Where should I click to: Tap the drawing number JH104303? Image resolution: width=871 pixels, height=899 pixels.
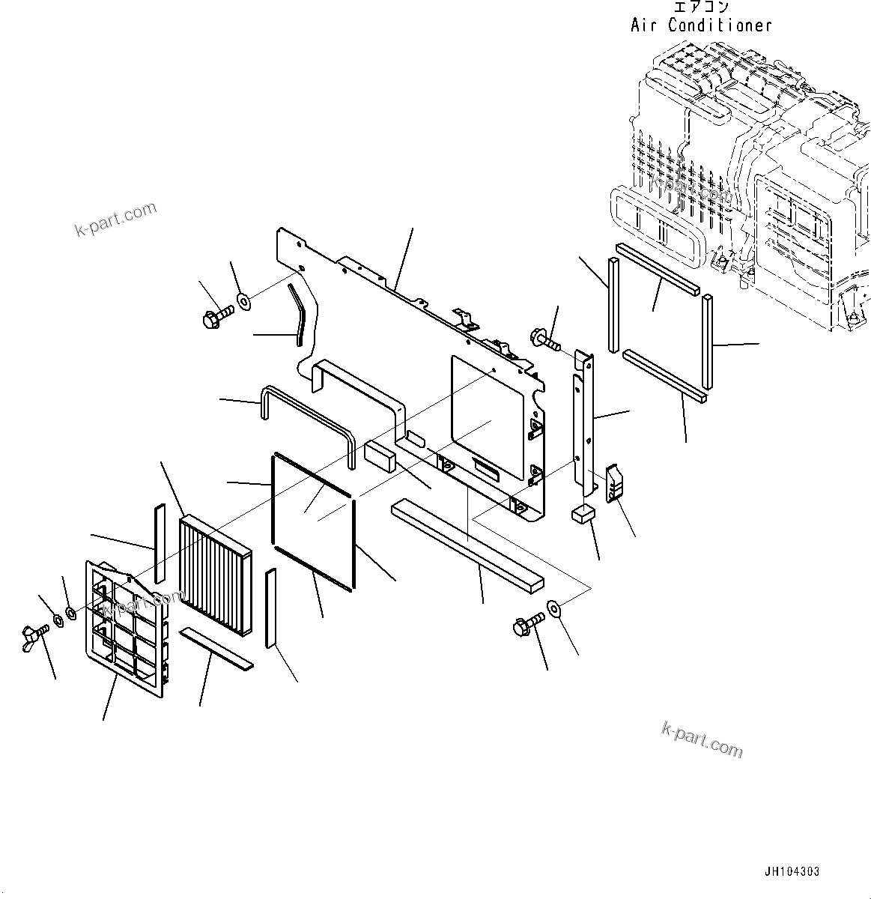(x=792, y=872)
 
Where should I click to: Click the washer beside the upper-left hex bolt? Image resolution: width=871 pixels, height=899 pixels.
(x=244, y=303)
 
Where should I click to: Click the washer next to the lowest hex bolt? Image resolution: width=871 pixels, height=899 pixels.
(x=556, y=607)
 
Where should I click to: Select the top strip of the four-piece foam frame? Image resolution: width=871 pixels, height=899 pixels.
(x=658, y=266)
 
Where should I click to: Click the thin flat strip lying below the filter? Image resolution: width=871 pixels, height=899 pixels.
(x=218, y=648)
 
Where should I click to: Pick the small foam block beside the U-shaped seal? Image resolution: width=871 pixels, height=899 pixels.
(x=380, y=455)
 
